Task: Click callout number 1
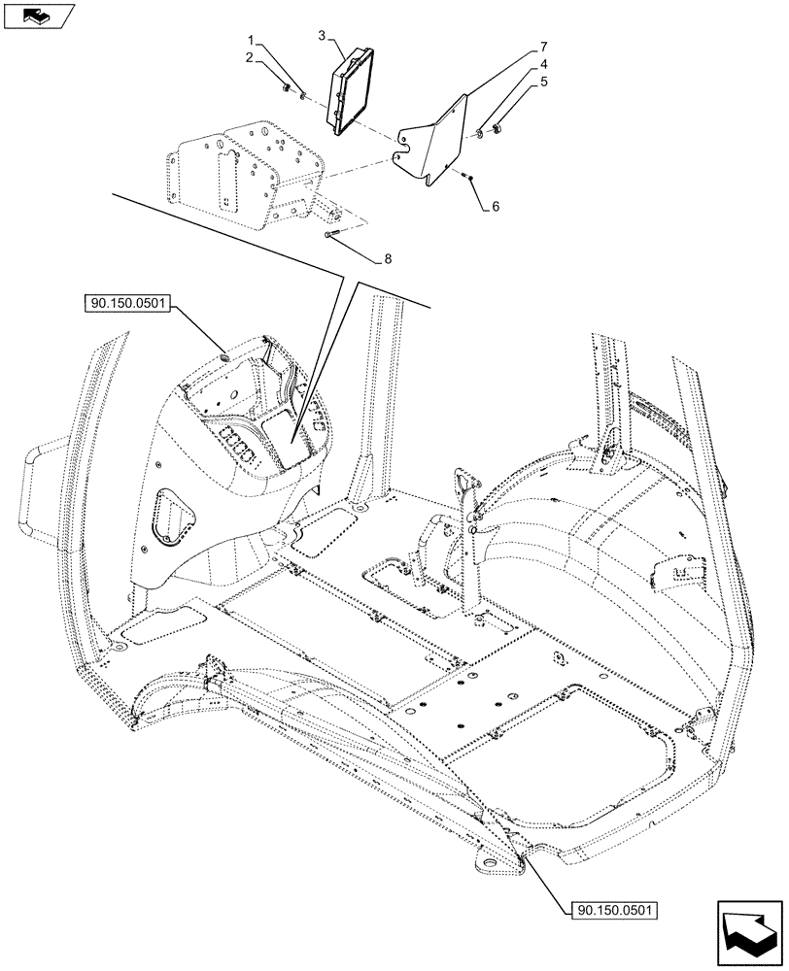251,42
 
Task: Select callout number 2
251,59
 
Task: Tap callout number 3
322,36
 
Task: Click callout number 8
389,259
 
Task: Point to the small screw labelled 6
468,176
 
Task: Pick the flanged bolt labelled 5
496,127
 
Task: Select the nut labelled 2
285,89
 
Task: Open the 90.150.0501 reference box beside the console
127,304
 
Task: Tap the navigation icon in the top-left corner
38,15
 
